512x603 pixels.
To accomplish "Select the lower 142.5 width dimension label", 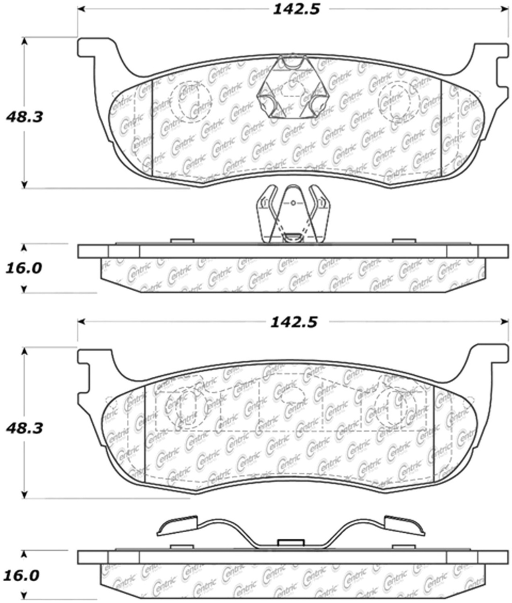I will (x=294, y=322).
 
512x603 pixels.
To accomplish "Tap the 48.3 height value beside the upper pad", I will (x=24, y=117).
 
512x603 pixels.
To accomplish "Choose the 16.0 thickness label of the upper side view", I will (x=23, y=268).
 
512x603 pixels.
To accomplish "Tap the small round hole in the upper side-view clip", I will (x=293, y=203).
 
